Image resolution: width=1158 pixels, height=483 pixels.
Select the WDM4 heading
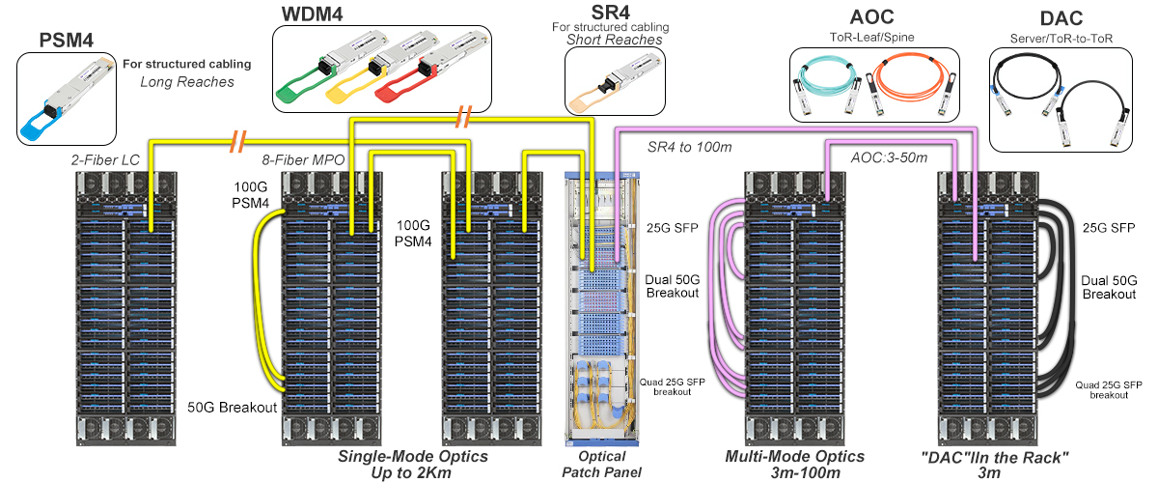(x=313, y=14)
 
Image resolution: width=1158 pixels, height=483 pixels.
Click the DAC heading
(x=1061, y=16)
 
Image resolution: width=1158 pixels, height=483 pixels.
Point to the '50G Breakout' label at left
(x=233, y=407)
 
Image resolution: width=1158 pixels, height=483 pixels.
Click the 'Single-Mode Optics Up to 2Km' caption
(x=412, y=464)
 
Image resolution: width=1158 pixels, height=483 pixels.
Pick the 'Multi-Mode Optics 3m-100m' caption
(x=794, y=464)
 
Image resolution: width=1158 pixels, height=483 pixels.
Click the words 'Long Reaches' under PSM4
(x=187, y=82)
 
